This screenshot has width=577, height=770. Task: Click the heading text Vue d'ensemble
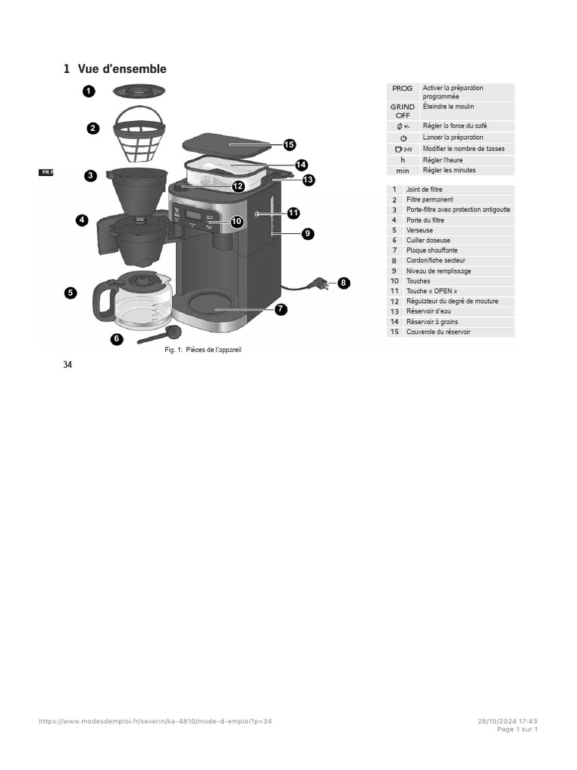(122, 69)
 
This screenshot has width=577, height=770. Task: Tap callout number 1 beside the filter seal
(88, 92)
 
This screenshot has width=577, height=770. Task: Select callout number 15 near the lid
(289, 144)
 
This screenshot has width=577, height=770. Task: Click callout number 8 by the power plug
(343, 283)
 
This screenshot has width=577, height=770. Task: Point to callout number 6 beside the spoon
(116, 339)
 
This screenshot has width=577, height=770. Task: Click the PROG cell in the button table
(402, 88)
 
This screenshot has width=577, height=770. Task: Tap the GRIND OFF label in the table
(402, 111)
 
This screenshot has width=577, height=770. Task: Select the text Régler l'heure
(443, 160)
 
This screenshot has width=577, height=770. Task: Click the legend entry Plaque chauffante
(431, 250)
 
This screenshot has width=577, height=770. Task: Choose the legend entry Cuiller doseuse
(428, 241)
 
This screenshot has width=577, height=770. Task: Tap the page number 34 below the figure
(68, 365)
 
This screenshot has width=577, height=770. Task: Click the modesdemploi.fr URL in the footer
(155, 721)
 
